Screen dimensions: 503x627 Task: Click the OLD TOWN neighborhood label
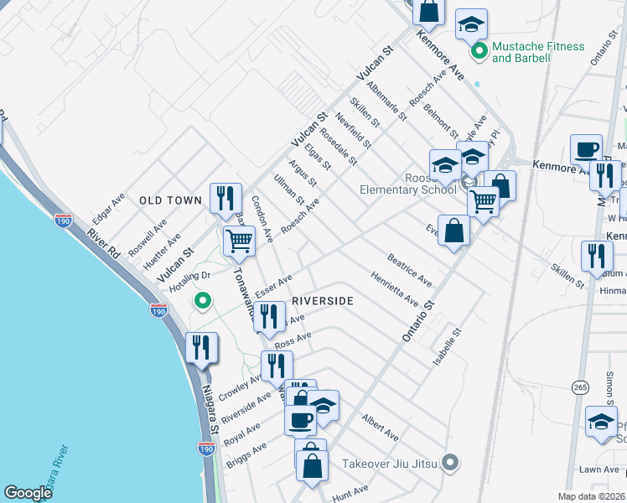(170, 200)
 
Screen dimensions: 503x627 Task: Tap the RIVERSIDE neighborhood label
(323, 300)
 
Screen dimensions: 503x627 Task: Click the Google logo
(28, 493)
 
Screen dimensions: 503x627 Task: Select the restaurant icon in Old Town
(225, 198)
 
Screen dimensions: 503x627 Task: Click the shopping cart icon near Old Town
(239, 241)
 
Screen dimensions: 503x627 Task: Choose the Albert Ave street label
(379, 426)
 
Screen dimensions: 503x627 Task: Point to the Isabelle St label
(445, 346)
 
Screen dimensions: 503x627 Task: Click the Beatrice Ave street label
(409, 270)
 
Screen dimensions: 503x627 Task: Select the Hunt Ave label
(350, 490)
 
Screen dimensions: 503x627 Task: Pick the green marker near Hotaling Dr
(202, 299)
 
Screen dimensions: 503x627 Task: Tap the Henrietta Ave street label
(395, 288)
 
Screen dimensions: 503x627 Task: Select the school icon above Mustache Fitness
(471, 23)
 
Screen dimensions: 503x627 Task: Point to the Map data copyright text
(592, 496)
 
